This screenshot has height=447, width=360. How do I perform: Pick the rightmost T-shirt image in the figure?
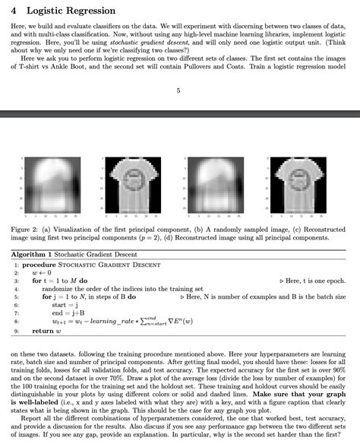pyautogui.click(x=298, y=185)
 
